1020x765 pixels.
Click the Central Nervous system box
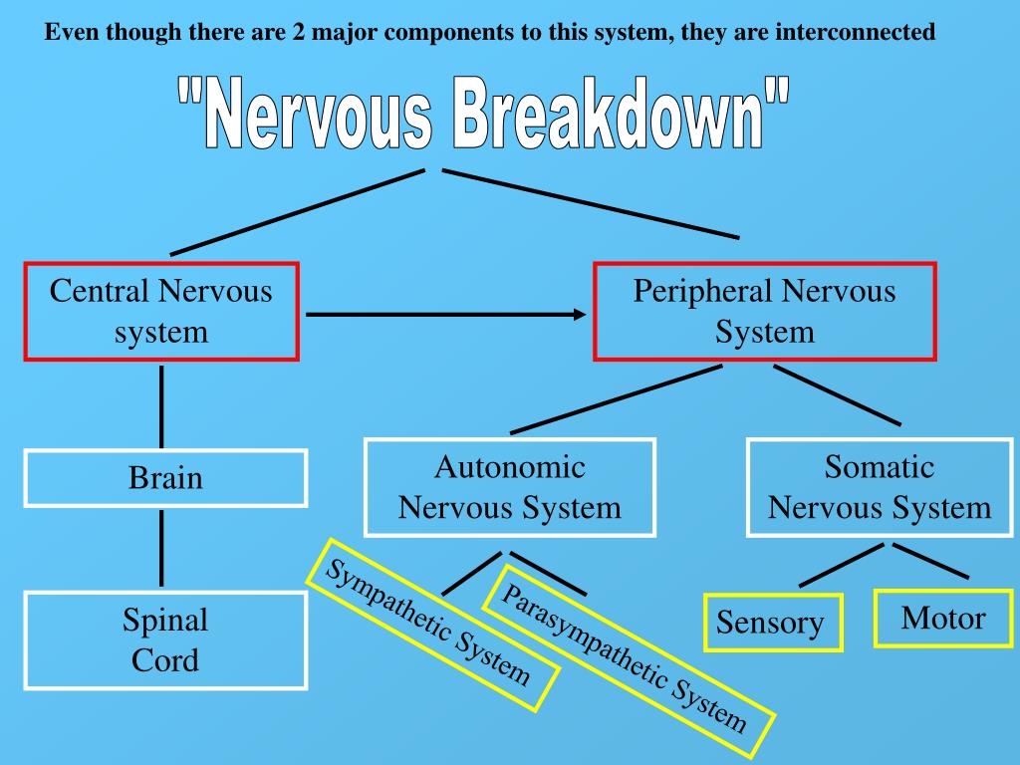point(161,312)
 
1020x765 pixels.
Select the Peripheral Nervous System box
point(765,312)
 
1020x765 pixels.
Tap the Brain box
point(166,478)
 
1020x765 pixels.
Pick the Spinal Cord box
point(166,640)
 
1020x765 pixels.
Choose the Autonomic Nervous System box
point(510,488)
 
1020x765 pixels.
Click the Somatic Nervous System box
point(880,488)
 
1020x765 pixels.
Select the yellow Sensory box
point(773,623)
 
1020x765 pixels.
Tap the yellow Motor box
point(943,619)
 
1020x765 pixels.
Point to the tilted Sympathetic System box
point(432,625)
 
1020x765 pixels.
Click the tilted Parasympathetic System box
point(629,661)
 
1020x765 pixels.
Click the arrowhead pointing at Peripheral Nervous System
point(580,315)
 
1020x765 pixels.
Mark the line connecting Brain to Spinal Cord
point(161,549)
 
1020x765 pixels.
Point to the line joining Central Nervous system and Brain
point(161,406)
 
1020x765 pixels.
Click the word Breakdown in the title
point(607,112)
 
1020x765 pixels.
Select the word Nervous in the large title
point(321,112)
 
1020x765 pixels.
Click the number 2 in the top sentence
point(298,31)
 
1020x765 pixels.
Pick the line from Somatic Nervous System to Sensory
point(841,566)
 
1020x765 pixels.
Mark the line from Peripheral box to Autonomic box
point(616,399)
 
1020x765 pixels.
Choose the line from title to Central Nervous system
point(298,212)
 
